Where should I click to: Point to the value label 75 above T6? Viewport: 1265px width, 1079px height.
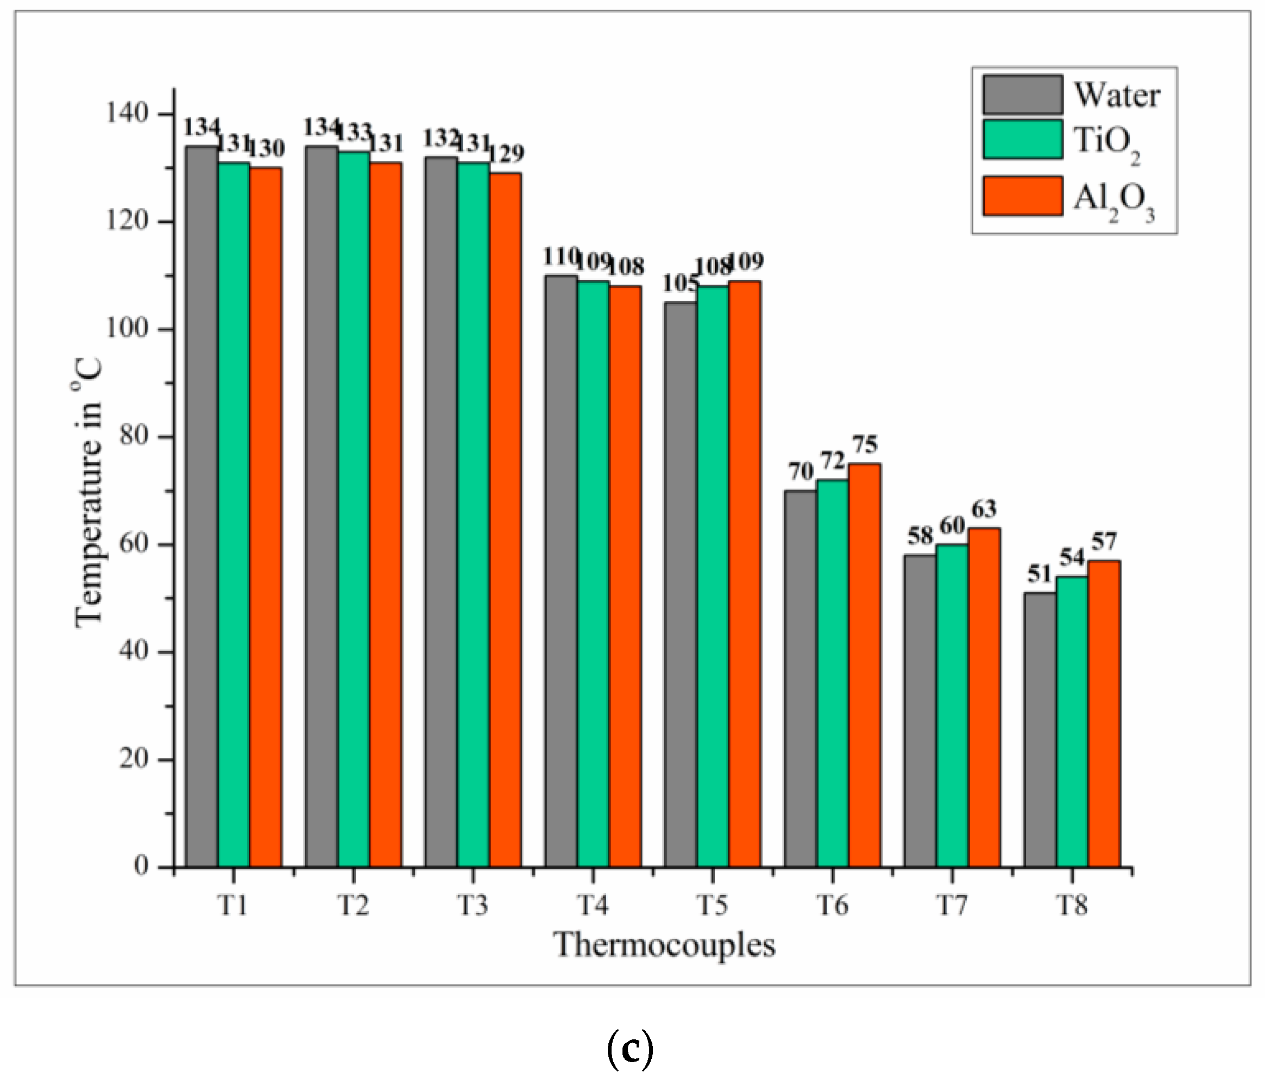click(865, 444)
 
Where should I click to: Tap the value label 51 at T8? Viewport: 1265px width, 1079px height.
click(1039, 574)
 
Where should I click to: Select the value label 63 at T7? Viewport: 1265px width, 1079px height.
click(984, 509)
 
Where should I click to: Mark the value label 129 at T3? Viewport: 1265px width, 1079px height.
click(506, 153)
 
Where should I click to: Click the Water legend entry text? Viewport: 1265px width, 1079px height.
click(1117, 95)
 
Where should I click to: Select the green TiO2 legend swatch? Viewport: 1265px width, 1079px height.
click(1023, 139)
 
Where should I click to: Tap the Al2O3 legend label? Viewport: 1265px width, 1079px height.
click(1113, 200)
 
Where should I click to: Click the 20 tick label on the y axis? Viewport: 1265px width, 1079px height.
click(134, 759)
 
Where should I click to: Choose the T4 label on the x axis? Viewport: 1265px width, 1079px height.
click(593, 905)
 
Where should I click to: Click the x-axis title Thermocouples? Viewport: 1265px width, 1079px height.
click(664, 945)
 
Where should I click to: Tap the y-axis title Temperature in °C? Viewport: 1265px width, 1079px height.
click(88, 492)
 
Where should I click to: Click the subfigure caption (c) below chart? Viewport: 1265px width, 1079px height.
click(631, 1048)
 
